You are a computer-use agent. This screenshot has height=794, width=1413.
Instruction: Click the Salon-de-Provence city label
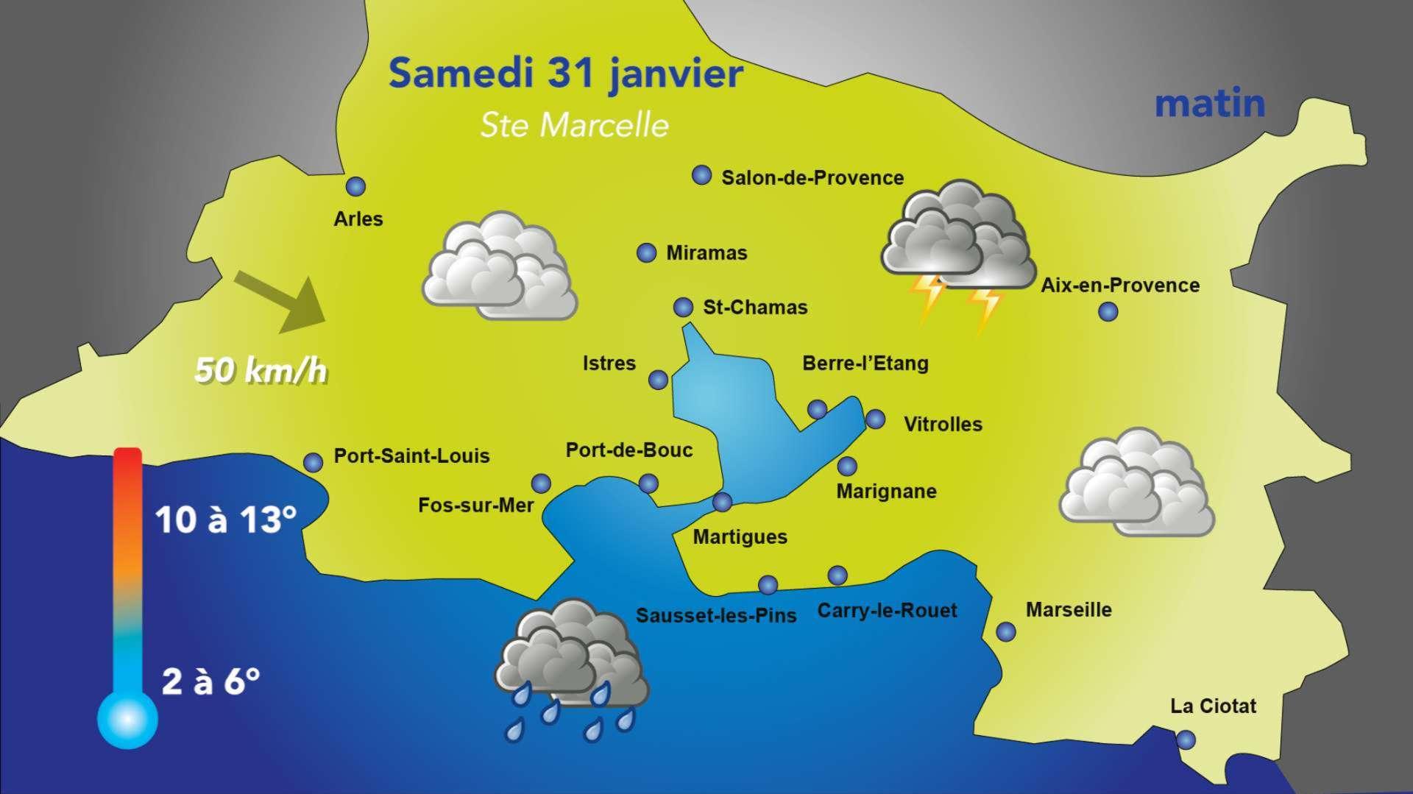(812, 178)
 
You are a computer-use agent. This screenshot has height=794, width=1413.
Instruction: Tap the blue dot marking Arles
(356, 187)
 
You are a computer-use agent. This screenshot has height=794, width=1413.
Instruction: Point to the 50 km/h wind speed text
(261, 370)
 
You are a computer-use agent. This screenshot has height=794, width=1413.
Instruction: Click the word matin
(1209, 104)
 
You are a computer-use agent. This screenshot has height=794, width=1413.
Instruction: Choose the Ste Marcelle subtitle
(574, 125)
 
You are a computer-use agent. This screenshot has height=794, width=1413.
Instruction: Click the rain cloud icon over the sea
(570, 662)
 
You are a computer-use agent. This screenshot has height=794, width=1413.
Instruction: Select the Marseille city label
(1069, 609)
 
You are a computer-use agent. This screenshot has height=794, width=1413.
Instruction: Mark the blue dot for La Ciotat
(1186, 740)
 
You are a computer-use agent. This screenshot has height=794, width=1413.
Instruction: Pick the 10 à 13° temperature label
(226, 520)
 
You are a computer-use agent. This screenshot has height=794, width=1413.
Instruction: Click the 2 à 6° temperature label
(210, 682)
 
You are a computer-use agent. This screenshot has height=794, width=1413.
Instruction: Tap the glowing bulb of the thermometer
(127, 719)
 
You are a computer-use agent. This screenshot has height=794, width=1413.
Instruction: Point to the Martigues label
(740, 537)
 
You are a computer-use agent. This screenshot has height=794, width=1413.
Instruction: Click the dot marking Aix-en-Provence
(1108, 312)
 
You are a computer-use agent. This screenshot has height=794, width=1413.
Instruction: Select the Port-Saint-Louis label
(411, 456)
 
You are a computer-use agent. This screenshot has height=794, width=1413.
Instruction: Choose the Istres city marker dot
(658, 380)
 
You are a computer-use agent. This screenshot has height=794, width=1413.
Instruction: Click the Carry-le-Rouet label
(887, 611)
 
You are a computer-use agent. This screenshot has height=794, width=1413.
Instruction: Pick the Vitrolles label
(943, 425)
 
